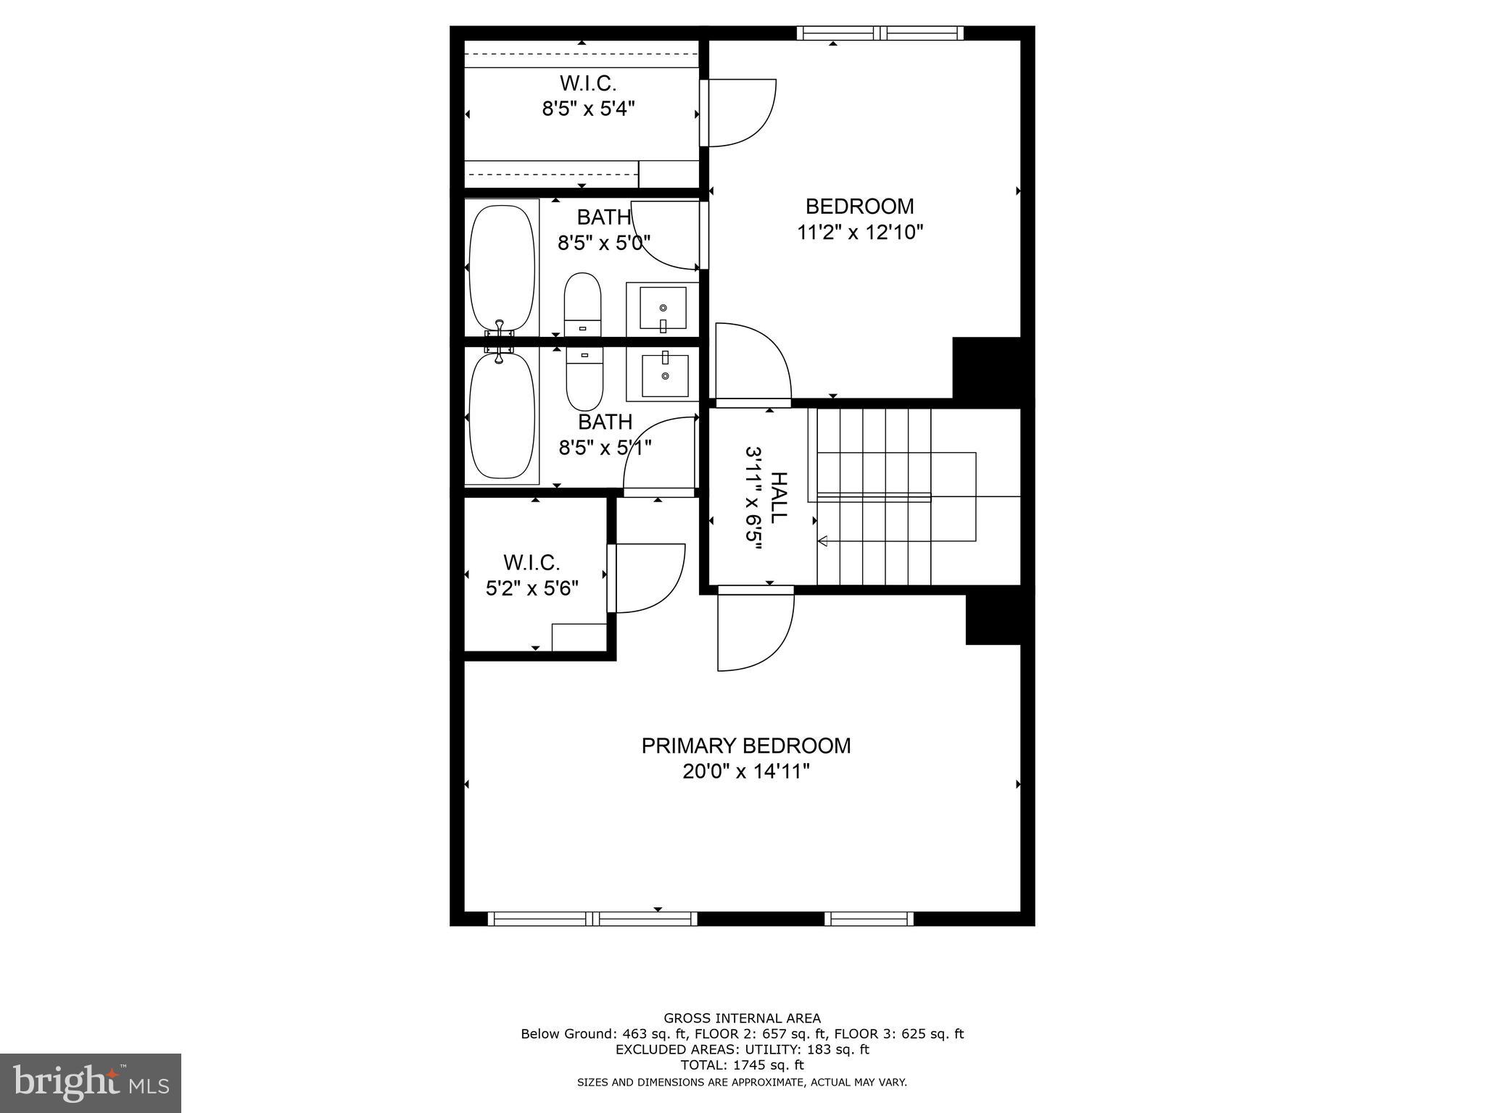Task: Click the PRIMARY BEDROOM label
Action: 745,746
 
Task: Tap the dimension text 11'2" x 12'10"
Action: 860,233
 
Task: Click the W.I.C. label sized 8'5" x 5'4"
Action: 588,83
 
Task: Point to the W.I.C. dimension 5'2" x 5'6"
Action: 531,588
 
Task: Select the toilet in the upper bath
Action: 583,305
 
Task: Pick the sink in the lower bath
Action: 664,375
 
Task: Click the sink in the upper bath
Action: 663,308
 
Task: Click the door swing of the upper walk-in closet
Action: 740,112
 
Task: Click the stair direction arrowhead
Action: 823,541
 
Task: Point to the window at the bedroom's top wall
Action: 880,33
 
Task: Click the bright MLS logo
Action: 91,1083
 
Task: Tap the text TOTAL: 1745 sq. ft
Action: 742,1065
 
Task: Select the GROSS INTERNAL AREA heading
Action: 742,1018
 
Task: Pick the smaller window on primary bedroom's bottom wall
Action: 869,919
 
